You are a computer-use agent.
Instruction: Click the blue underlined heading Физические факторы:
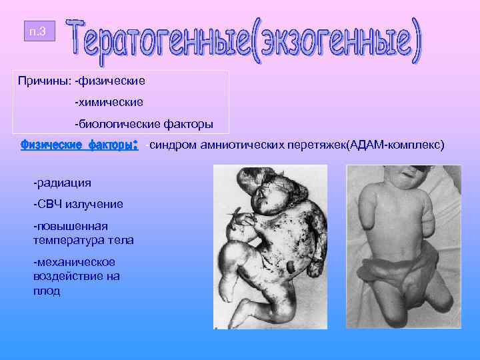(79, 144)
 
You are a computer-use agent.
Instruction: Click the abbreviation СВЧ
(50, 203)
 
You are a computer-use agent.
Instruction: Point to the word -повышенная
(70, 226)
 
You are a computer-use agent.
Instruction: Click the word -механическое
(73, 262)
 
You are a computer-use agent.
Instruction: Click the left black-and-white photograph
(275, 247)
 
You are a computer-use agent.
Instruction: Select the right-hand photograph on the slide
(403, 247)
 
